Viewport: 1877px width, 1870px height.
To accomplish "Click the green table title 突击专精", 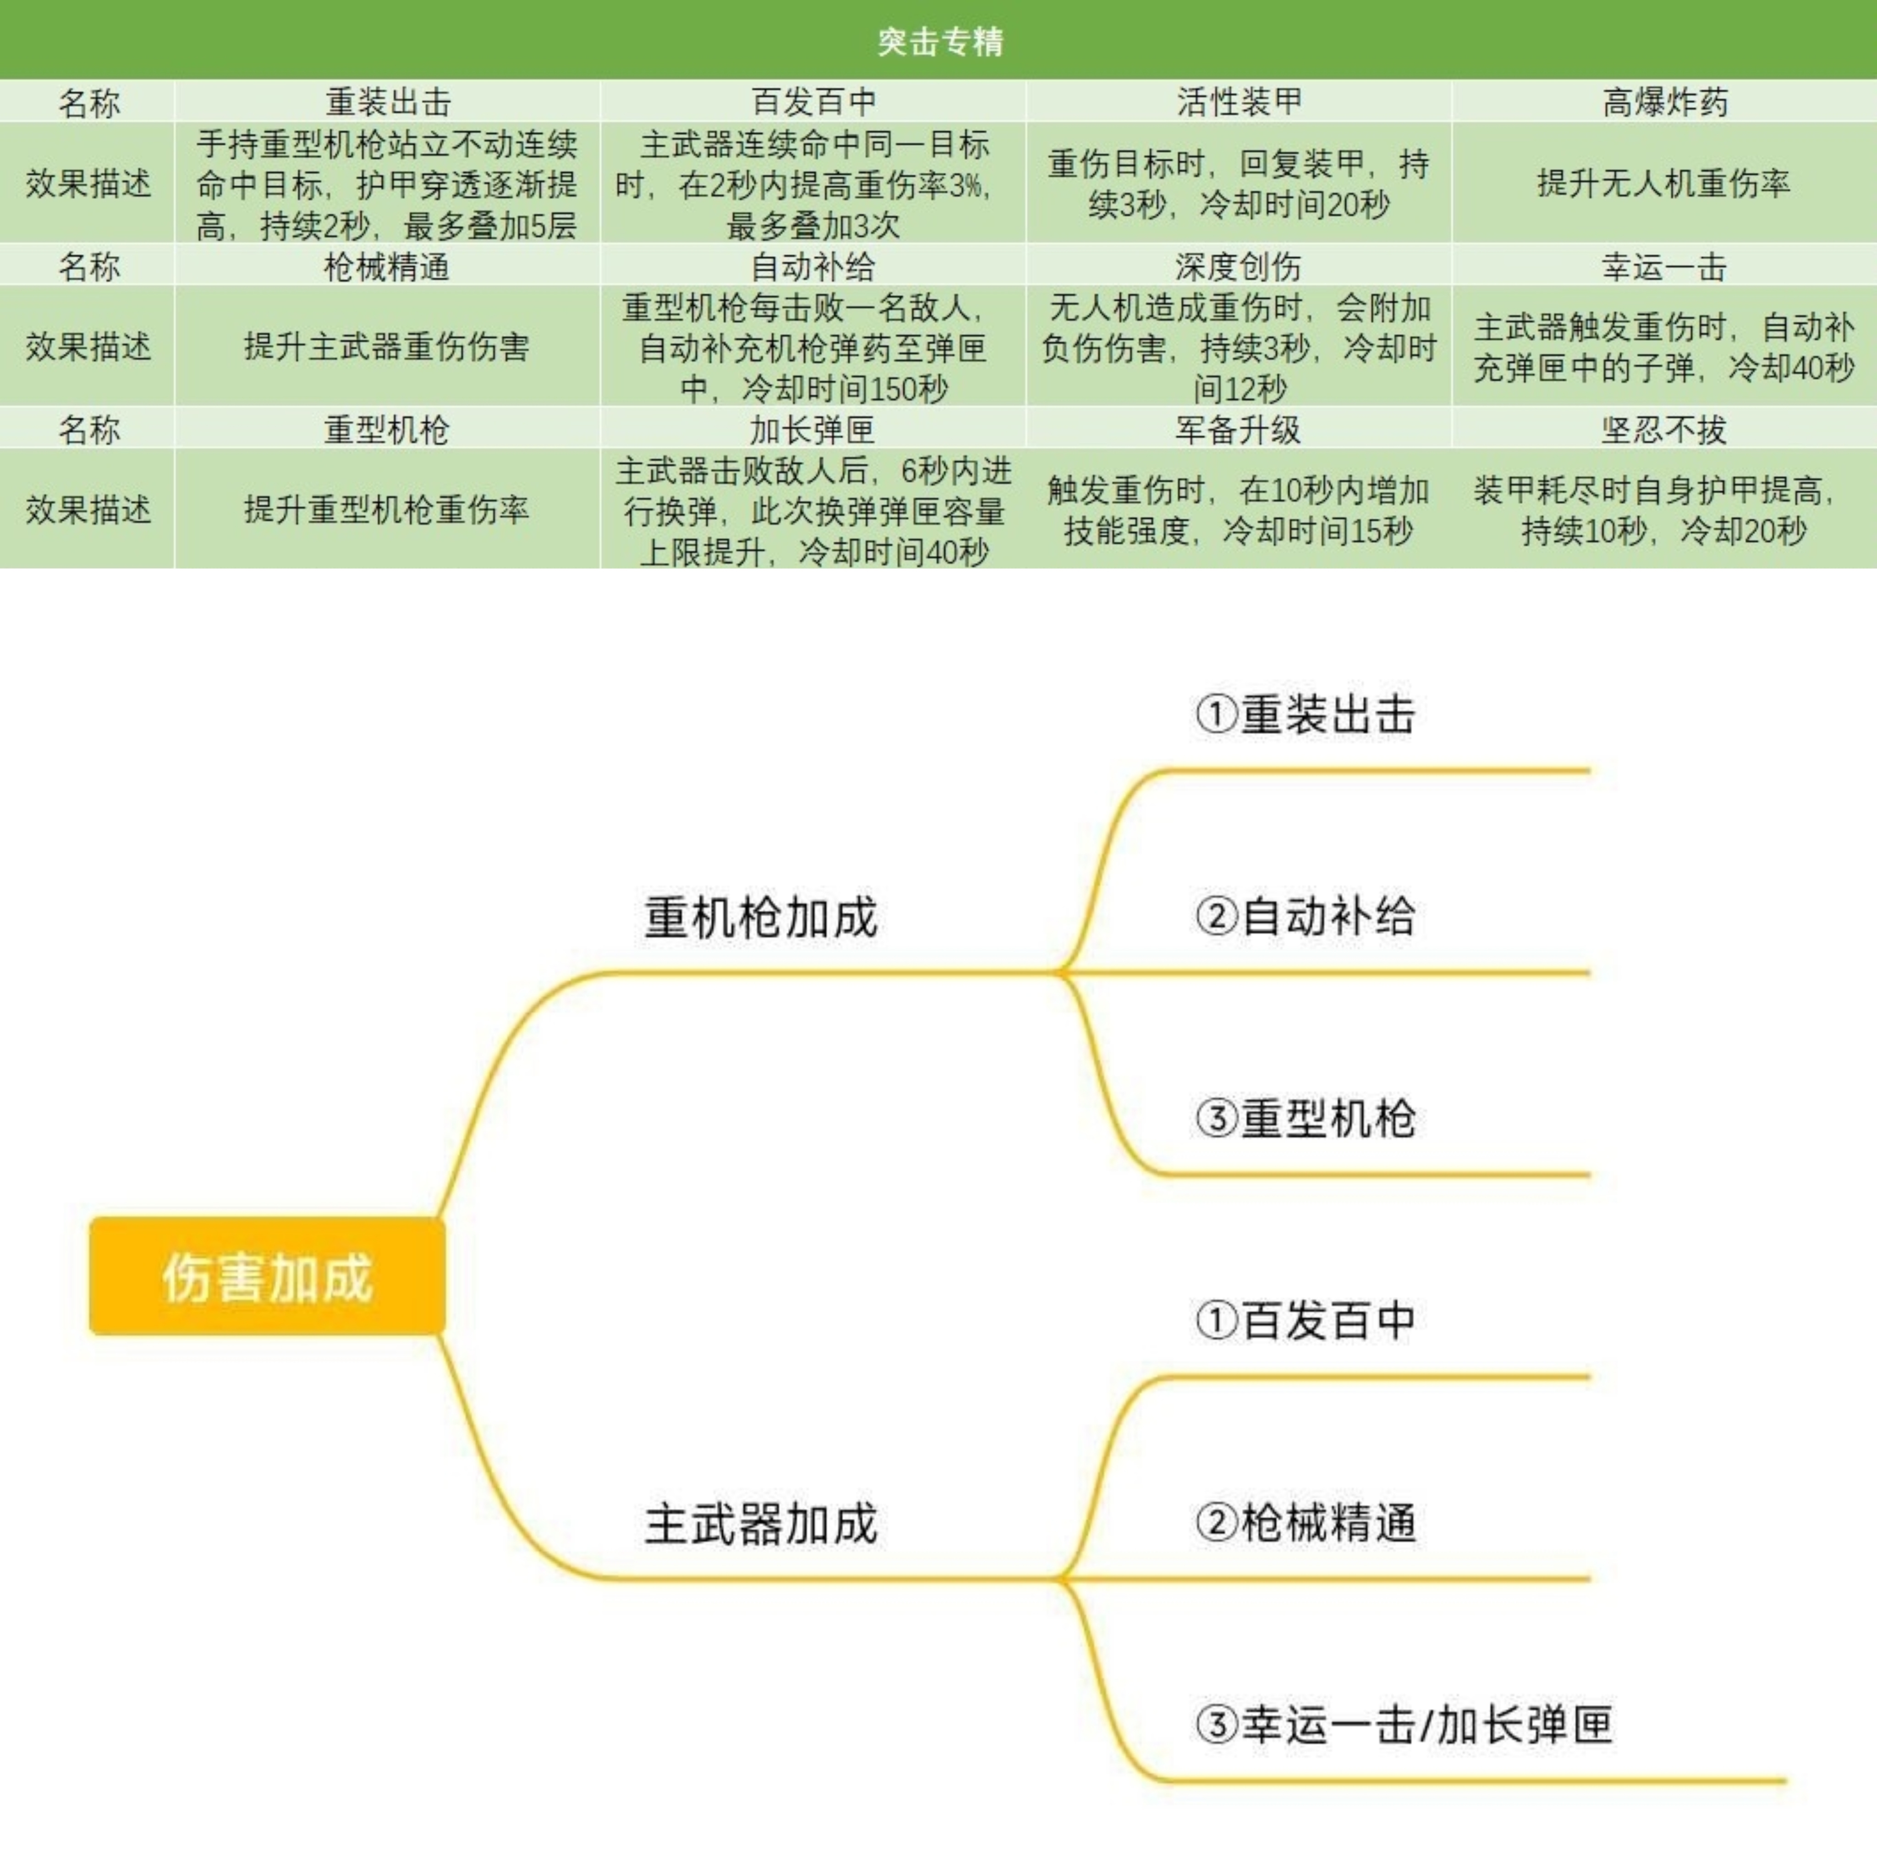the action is click(x=939, y=41).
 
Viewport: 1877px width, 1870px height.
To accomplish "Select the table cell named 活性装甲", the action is click(x=1239, y=101).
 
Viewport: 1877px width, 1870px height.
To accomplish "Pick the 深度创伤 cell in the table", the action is click(x=1239, y=265).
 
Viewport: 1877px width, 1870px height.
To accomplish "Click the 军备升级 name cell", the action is click(x=1239, y=428).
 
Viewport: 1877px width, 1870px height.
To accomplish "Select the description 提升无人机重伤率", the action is click(x=1664, y=183).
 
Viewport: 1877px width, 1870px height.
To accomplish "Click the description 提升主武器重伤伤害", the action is click(x=387, y=346).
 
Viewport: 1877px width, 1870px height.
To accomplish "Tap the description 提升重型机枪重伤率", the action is click(x=387, y=509).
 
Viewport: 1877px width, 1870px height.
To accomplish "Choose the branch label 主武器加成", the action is click(x=761, y=1523).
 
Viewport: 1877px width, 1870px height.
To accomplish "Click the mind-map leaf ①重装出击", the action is click(x=1306, y=714).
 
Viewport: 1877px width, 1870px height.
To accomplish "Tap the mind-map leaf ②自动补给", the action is click(x=1306, y=916).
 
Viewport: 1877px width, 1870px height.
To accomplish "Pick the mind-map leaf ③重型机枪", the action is click(x=1306, y=1118).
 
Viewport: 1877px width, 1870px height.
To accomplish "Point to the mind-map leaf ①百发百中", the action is click(x=1306, y=1320).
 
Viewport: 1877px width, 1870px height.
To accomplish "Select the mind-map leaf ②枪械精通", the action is click(x=1306, y=1522).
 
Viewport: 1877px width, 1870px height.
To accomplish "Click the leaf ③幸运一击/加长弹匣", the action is click(x=1404, y=1724).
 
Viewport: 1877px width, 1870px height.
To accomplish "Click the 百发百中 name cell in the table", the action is click(x=813, y=101).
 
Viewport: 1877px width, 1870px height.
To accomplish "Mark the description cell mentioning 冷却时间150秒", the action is click(x=813, y=347).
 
